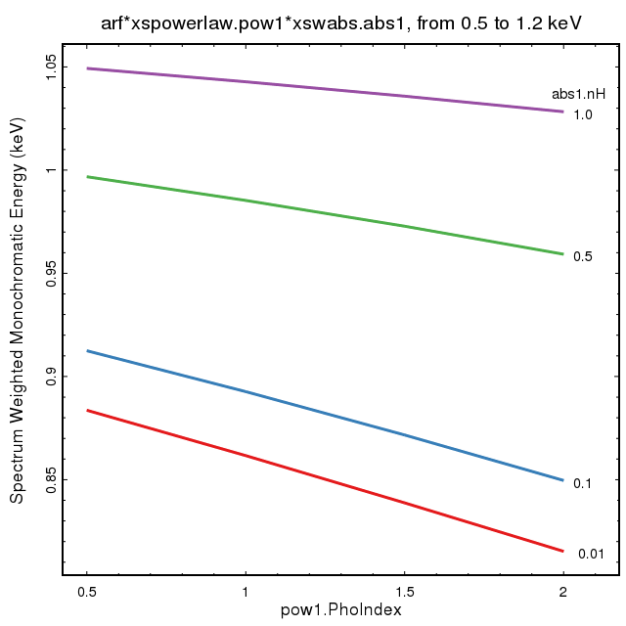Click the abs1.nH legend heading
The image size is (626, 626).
click(575, 95)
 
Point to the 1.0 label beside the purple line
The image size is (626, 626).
click(583, 114)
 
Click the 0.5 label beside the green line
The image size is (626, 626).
click(583, 256)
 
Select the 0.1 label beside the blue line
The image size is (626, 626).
click(583, 482)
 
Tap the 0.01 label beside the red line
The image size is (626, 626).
click(591, 555)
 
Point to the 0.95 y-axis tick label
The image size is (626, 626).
click(51, 273)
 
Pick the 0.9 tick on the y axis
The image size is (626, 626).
click(51, 377)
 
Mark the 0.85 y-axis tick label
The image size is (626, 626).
click(51, 480)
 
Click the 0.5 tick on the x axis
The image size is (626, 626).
click(88, 592)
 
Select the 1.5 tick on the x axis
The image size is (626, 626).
click(404, 592)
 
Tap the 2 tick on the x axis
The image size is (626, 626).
click(562, 592)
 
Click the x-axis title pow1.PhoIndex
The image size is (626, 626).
click(341, 609)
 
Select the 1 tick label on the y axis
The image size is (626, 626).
click(51, 170)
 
